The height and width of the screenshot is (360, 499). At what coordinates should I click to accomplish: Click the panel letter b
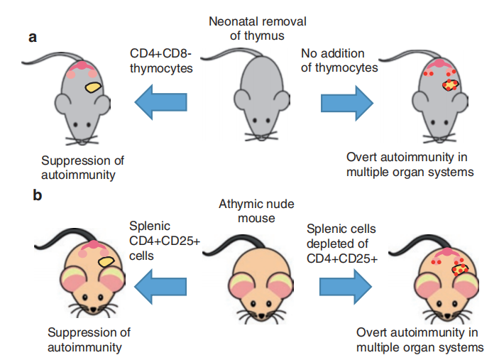pos(37,194)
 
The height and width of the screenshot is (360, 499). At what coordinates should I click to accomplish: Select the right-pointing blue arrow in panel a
pos(346,102)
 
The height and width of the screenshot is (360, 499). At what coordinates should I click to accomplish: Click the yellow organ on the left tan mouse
pos(107,263)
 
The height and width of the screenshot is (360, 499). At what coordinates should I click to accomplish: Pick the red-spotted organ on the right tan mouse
pos(462,269)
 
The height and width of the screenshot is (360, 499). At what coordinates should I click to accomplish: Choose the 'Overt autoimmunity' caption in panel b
pos(420,339)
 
